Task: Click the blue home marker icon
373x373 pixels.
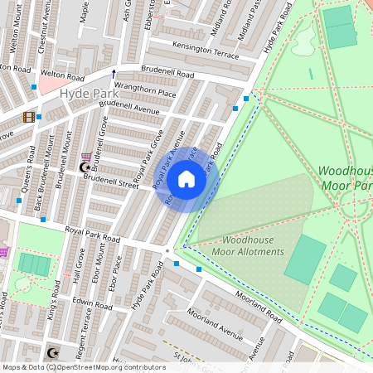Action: coord(186,178)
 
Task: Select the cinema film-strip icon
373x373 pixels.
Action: coord(30,117)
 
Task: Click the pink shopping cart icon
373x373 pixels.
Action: coord(87,156)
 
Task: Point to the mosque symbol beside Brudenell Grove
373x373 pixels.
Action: coord(83,167)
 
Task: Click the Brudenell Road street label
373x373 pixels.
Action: coord(167,74)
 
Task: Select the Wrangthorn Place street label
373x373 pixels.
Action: coord(145,92)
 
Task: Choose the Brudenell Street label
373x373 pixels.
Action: coord(109,182)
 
